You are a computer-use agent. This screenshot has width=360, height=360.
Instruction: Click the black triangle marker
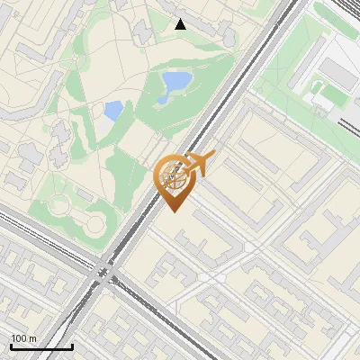click(180, 24)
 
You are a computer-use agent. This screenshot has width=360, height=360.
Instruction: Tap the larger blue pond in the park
click(175, 83)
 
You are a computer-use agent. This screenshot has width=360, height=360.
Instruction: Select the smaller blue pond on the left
click(113, 111)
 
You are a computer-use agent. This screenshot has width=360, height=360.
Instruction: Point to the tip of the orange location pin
click(173, 211)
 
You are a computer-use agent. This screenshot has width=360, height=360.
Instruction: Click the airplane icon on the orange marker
click(199, 164)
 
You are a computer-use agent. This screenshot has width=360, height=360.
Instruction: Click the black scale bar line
click(40, 346)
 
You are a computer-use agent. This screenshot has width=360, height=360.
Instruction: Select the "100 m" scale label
click(23, 338)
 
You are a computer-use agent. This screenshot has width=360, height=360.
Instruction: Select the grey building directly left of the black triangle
click(144, 31)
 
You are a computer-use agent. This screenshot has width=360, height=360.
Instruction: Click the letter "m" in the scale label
click(31, 338)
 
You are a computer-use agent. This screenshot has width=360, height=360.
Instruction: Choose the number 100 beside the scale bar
click(18, 338)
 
